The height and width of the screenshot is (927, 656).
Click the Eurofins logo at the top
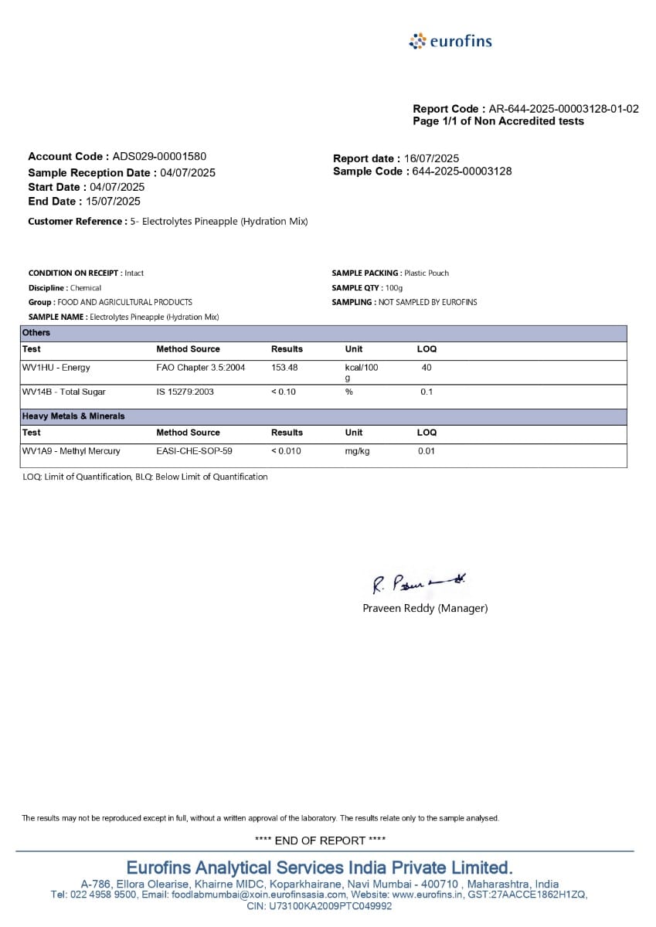(x=450, y=41)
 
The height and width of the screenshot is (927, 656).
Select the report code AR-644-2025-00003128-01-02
(x=563, y=109)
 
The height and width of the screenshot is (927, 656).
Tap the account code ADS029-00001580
(x=159, y=156)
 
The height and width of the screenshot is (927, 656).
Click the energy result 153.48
(x=284, y=368)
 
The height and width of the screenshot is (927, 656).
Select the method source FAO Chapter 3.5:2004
(x=200, y=368)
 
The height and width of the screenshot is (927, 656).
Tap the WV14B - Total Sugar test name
(x=64, y=392)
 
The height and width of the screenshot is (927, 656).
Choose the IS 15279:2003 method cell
(x=185, y=392)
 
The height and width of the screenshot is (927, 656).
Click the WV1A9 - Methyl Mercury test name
(x=71, y=451)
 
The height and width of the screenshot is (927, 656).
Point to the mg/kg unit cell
(x=357, y=451)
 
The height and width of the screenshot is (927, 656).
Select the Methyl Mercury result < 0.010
(x=286, y=451)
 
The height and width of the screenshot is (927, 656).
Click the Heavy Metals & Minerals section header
(x=73, y=416)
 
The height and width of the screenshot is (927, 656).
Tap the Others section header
(x=36, y=333)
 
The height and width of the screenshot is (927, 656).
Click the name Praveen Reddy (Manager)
(x=425, y=609)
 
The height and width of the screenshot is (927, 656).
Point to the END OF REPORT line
(x=320, y=840)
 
